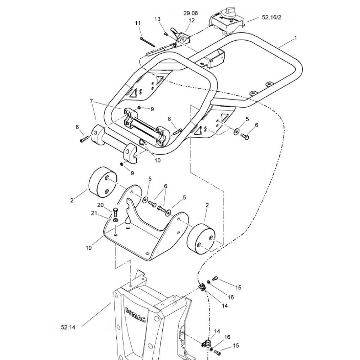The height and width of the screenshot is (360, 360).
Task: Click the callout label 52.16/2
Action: pos(271,17)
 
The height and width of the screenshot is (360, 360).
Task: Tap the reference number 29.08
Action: pos(190,13)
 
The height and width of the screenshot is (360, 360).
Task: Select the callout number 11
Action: pos(138,23)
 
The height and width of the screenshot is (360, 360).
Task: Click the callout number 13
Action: pos(158,19)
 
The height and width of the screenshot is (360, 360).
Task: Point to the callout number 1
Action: pos(296,38)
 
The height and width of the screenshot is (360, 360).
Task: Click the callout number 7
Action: pos(91,101)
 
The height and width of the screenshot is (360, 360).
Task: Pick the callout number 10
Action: pos(158,160)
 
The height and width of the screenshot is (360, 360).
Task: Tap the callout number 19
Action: pos(89,248)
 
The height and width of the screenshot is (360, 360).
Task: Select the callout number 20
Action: pos(100,205)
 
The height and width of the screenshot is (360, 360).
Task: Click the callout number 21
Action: pos(94,213)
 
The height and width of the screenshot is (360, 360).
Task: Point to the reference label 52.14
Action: pos(68,327)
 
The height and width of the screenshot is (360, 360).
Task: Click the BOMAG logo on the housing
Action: pos(136,314)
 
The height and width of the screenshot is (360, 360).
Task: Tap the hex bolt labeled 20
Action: pos(116,212)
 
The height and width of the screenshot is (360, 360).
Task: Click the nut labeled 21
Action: pos(115,220)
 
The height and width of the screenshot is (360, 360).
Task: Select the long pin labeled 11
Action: pos(147,42)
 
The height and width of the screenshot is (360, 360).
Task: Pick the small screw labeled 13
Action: pos(166,34)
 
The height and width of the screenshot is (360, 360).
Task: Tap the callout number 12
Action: pos(192,20)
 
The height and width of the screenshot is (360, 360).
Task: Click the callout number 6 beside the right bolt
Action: pos(256,125)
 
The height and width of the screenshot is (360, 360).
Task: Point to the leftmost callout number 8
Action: pos(77,127)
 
